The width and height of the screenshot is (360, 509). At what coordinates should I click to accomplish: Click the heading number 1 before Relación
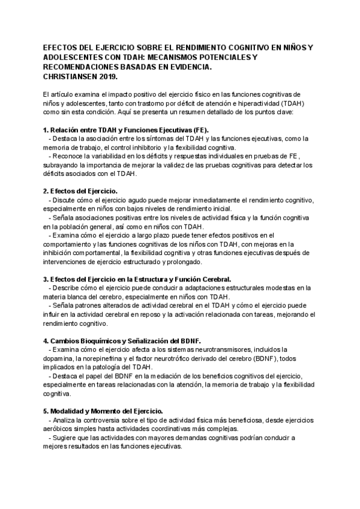tap(46, 129)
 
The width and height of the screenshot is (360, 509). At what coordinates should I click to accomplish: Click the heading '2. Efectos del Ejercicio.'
tap(80, 190)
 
